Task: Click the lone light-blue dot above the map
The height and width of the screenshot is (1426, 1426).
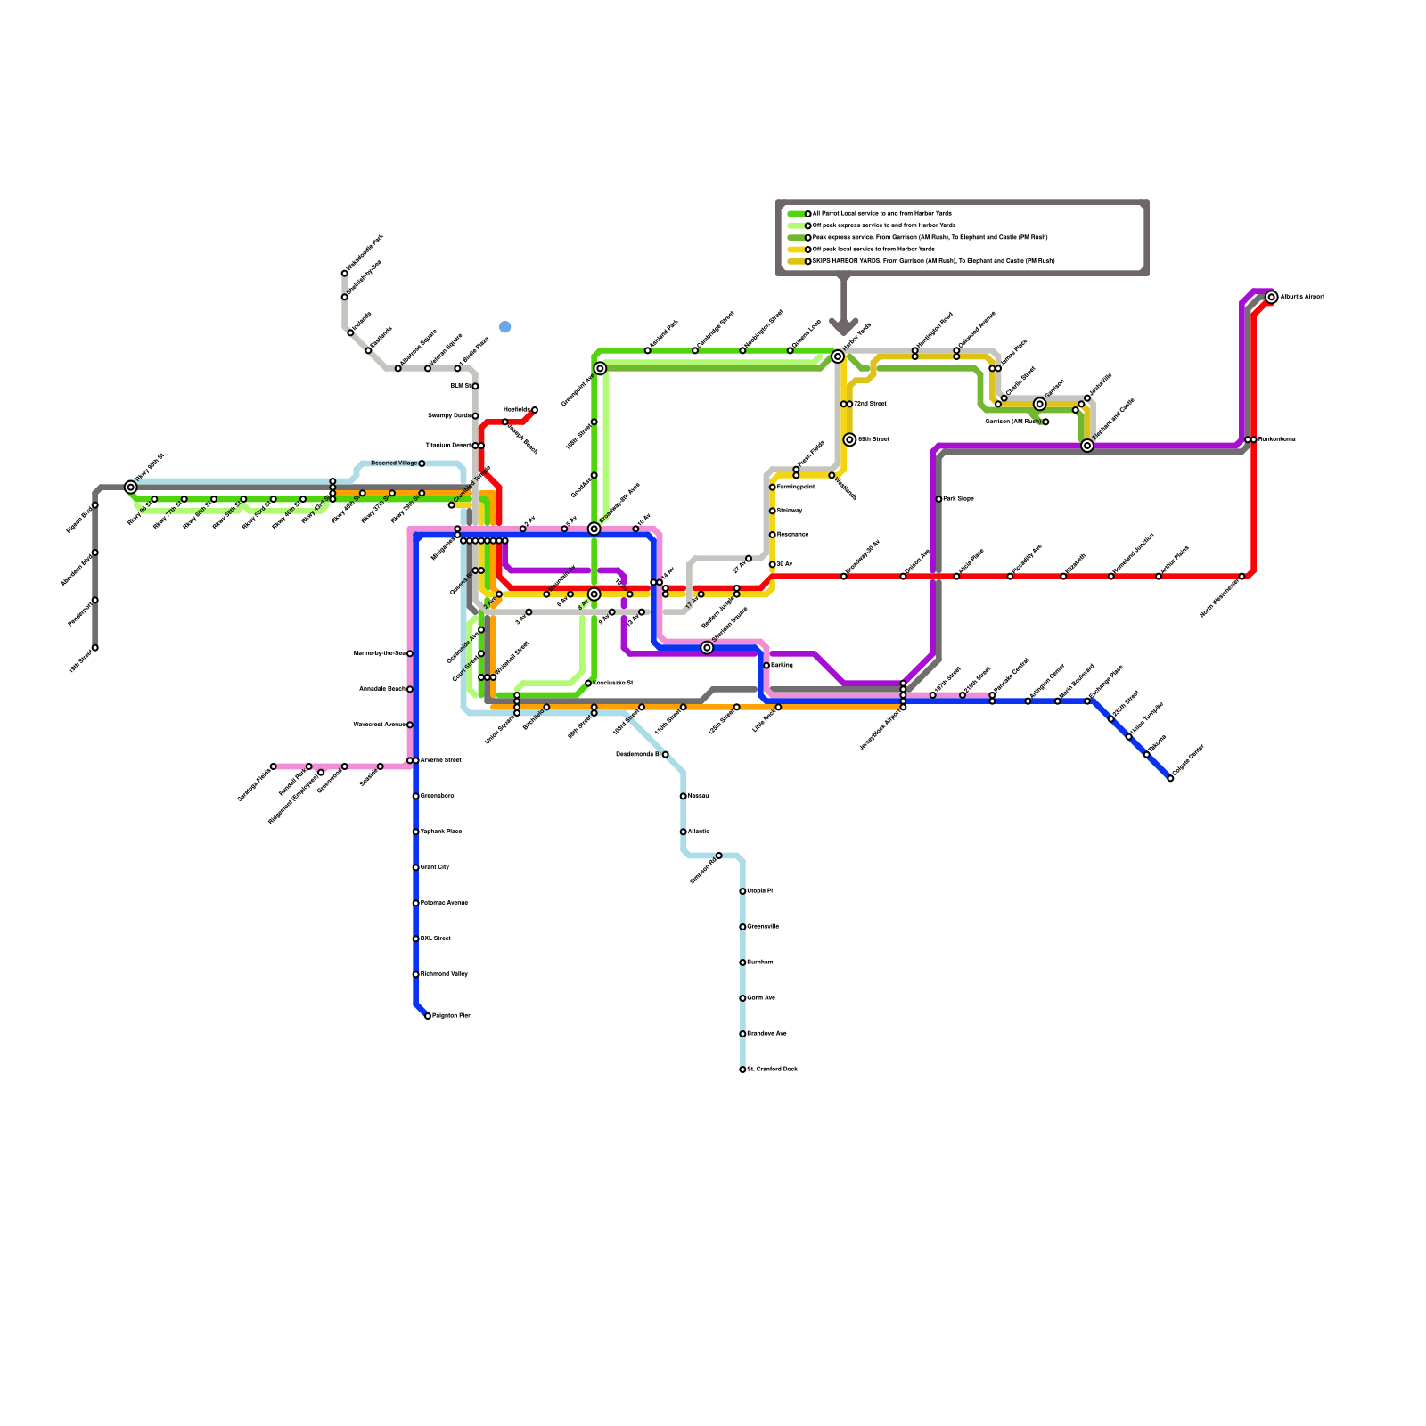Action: (505, 327)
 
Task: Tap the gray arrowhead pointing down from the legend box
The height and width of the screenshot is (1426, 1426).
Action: (843, 326)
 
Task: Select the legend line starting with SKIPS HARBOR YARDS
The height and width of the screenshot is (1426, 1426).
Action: (933, 261)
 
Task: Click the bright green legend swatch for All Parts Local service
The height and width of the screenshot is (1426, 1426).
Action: (797, 214)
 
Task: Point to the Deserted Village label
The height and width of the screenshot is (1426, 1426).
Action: (394, 463)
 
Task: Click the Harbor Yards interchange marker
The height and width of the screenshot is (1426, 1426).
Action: (838, 356)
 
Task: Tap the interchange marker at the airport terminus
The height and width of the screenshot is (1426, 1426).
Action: (1272, 297)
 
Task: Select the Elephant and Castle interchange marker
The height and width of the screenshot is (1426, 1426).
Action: (1087, 446)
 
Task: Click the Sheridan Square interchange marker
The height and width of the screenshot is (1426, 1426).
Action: (707, 648)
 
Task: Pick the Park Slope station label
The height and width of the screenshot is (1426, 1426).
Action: (959, 499)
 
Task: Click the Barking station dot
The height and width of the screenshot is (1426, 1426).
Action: (766, 666)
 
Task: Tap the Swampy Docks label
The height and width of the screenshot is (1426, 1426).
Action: (449, 416)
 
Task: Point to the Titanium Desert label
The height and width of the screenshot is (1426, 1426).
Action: (448, 446)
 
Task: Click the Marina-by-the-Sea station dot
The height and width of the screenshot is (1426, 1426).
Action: (410, 653)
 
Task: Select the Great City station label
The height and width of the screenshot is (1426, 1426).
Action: (435, 867)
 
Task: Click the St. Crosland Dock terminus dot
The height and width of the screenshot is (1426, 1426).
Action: (742, 1069)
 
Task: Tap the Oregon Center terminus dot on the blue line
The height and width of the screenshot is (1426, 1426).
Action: (1170, 778)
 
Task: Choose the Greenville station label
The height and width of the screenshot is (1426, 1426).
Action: (763, 927)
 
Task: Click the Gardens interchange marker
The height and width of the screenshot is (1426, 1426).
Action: (1039, 405)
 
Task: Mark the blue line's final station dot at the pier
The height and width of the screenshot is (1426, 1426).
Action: (428, 1016)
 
